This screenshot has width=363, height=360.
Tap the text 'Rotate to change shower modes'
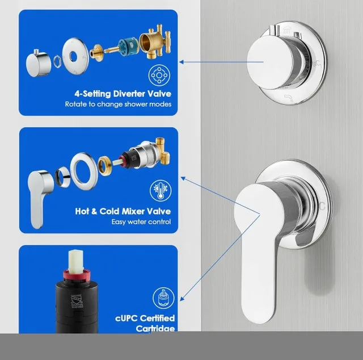tap(126, 104)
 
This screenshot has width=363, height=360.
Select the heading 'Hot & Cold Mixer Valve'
tap(123, 211)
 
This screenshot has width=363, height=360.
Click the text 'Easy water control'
tap(141, 221)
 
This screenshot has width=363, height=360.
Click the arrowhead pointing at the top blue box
tap(181, 62)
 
